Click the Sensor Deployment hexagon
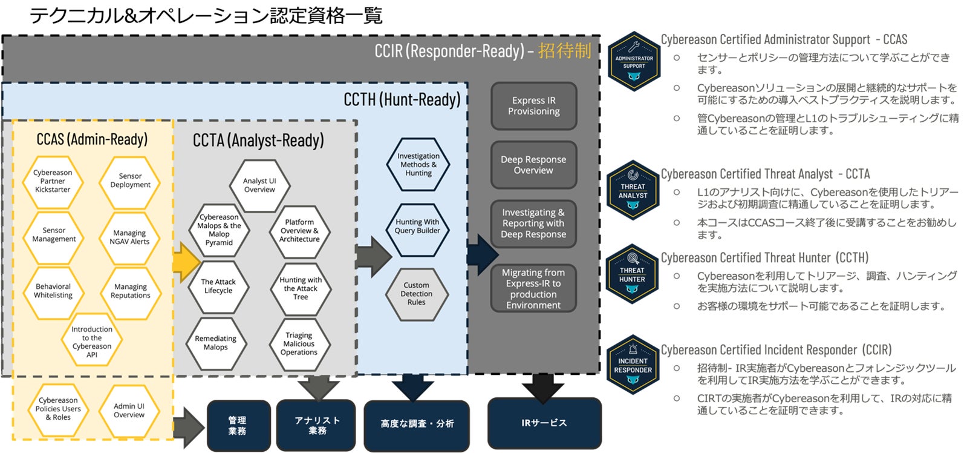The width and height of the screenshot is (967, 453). pyautogui.click(x=130, y=180)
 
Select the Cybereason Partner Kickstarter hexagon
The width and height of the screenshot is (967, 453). pyautogui.click(x=53, y=181)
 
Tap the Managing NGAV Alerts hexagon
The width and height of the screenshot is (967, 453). pyautogui.click(x=129, y=237)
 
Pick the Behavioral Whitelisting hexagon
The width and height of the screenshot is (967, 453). pyautogui.click(x=53, y=291)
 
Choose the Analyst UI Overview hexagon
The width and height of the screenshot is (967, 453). pyautogui.click(x=259, y=185)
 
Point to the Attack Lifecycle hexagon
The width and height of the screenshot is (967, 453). pyautogui.click(x=218, y=286)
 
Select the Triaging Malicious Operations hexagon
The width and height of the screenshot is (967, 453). pyautogui.click(x=299, y=343)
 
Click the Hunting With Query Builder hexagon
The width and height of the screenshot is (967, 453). pyautogui.click(x=417, y=226)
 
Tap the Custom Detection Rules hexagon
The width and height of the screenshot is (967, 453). pyautogui.click(x=417, y=294)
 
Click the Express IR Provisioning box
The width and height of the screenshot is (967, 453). pyautogui.click(x=533, y=106)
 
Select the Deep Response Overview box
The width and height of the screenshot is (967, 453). pyautogui.click(x=533, y=165)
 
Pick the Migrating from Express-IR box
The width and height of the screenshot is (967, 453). pyautogui.click(x=533, y=289)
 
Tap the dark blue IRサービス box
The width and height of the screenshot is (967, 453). pyautogui.click(x=544, y=423)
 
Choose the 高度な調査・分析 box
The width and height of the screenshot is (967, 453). pyautogui.click(x=417, y=424)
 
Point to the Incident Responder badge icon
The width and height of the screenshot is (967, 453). pyautogui.click(x=633, y=365)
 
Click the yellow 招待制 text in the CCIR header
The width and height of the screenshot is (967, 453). pyautogui.click(x=564, y=51)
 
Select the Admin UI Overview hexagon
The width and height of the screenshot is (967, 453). pyautogui.click(x=129, y=411)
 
